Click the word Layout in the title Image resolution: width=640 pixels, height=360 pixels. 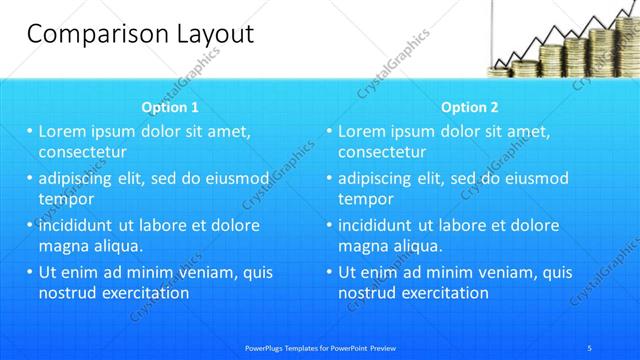213,33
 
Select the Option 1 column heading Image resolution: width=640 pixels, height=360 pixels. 170,107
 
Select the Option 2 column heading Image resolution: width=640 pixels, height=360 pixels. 469,107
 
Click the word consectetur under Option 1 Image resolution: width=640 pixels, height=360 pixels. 82,152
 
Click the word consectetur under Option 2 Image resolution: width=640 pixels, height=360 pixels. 382,152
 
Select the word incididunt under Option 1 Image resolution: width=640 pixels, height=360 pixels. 80,225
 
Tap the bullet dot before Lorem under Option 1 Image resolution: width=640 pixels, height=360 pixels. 30,131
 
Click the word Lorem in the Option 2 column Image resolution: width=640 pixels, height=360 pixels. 362,131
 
